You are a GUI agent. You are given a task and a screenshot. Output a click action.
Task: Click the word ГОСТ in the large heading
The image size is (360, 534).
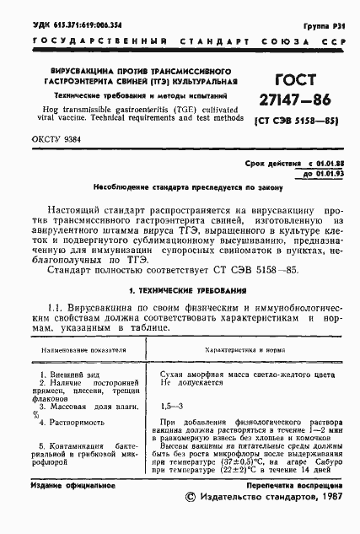tap(296, 81)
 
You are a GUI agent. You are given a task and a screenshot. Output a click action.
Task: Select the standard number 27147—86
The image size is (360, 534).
tap(296, 101)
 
